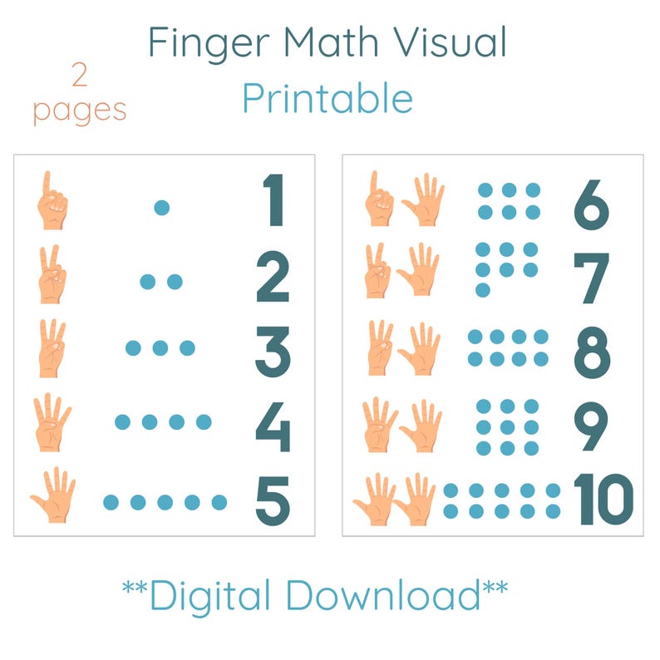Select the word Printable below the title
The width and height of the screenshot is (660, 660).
tap(328, 98)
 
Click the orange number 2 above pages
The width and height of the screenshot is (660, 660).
tap(80, 76)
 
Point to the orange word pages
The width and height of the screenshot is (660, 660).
tap(80, 111)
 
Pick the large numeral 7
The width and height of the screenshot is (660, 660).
tap(592, 278)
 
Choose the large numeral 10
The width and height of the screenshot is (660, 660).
tap(603, 500)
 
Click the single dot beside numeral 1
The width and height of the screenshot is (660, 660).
tap(161, 207)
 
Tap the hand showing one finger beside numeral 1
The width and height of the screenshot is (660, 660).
tap(52, 201)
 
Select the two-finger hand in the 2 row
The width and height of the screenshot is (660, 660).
tap(52, 274)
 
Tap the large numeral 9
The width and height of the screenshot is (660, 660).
tap(591, 426)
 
